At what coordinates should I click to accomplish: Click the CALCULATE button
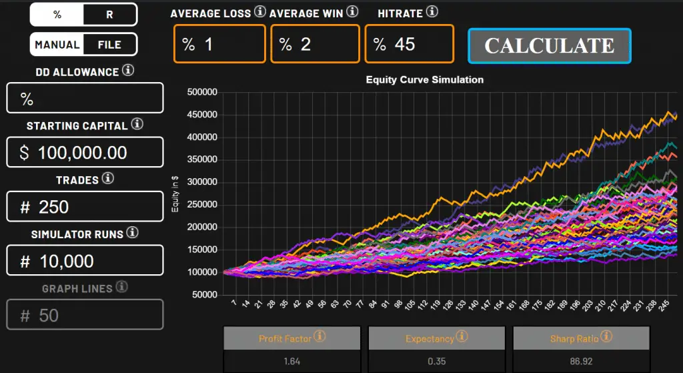(550, 46)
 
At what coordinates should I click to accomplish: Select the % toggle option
(57, 14)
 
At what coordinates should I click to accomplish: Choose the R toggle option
(110, 14)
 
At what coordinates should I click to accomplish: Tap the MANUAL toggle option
(57, 45)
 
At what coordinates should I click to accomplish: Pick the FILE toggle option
(110, 45)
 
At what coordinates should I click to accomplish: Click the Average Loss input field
(219, 44)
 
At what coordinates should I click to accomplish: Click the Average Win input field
(315, 44)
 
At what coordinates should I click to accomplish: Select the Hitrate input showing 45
(409, 44)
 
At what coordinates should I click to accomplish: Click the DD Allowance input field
(85, 99)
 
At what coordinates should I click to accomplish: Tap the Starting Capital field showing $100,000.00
(85, 152)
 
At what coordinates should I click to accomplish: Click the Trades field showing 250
(85, 206)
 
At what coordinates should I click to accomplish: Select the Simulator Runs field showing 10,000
(85, 260)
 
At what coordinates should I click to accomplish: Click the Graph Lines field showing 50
(85, 314)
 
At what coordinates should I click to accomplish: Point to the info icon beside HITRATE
(432, 11)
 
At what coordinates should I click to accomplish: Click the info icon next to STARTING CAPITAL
(137, 124)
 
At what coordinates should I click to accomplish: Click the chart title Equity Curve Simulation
(424, 79)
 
